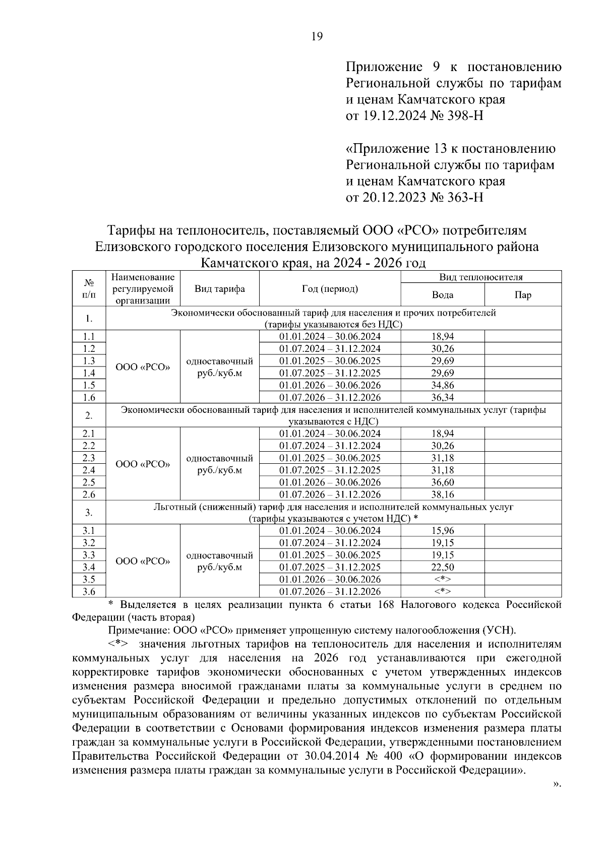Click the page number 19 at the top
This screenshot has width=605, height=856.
[x=317, y=36]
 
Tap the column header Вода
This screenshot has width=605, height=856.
[x=443, y=295]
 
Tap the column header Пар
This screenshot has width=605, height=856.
[x=523, y=295]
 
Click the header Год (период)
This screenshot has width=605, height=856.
[x=330, y=289]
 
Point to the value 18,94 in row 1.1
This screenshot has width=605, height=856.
[x=443, y=337]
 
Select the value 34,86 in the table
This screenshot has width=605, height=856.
[x=443, y=385]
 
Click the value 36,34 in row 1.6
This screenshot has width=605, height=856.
[x=443, y=397]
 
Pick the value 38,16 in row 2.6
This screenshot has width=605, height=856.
[x=443, y=495]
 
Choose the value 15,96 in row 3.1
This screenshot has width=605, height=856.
[x=443, y=531]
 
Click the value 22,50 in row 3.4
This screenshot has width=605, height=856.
[x=443, y=567]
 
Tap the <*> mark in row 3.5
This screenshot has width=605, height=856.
[x=443, y=579]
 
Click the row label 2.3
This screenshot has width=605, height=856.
[x=89, y=458]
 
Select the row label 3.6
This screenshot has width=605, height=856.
[x=89, y=591]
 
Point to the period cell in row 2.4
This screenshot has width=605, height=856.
[x=330, y=470]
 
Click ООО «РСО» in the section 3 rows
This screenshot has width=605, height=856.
[x=143, y=561]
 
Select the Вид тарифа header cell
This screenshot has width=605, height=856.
[x=219, y=289]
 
